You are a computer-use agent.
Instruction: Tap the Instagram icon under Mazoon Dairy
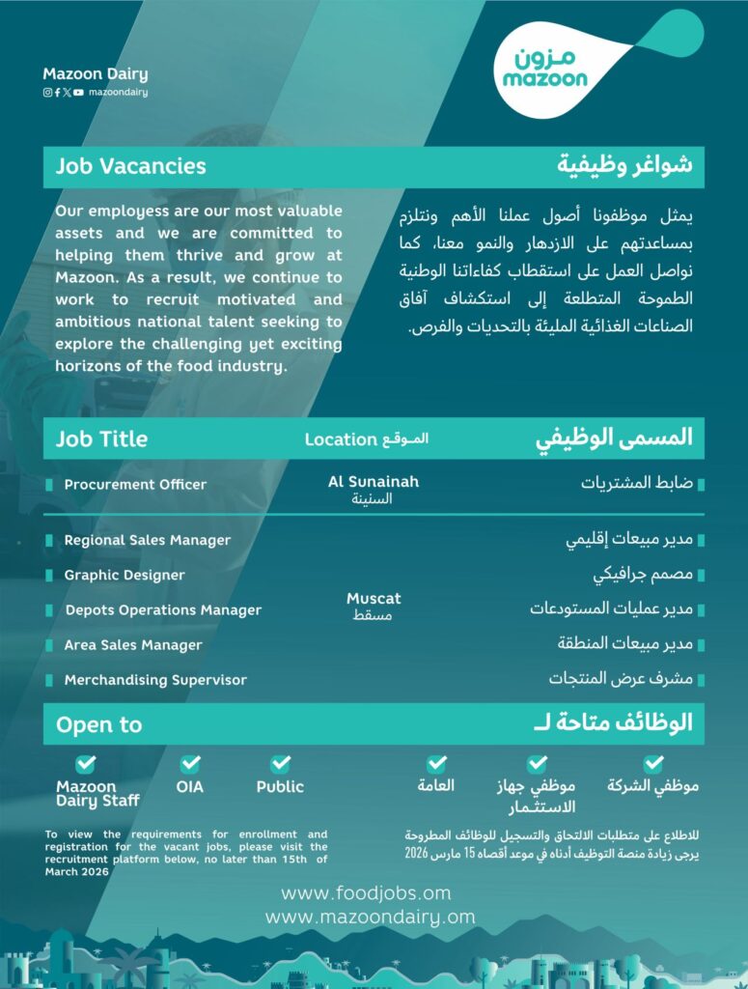click(x=47, y=93)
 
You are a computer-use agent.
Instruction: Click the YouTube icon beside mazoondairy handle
click(x=78, y=93)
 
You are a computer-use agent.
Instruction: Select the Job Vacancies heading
click(x=130, y=166)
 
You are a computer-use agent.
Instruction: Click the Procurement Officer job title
click(x=135, y=484)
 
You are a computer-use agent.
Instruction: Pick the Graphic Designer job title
click(x=125, y=575)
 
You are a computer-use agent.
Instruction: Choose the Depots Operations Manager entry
click(x=163, y=609)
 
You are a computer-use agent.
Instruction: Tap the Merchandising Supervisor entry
click(x=155, y=680)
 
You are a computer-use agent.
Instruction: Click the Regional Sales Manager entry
click(x=147, y=540)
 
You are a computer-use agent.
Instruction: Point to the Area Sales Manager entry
click(x=133, y=644)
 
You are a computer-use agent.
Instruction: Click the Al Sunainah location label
click(x=374, y=482)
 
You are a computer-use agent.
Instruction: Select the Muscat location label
click(x=374, y=599)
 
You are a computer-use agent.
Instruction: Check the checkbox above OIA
click(x=190, y=764)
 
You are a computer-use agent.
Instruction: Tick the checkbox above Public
click(x=280, y=764)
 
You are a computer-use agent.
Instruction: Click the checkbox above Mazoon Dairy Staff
click(x=86, y=764)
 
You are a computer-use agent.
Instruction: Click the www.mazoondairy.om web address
click(x=371, y=917)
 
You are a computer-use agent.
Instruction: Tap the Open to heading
click(x=98, y=724)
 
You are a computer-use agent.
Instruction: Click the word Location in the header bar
click(x=341, y=439)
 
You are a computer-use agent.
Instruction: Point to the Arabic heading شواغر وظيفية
click(x=624, y=165)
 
